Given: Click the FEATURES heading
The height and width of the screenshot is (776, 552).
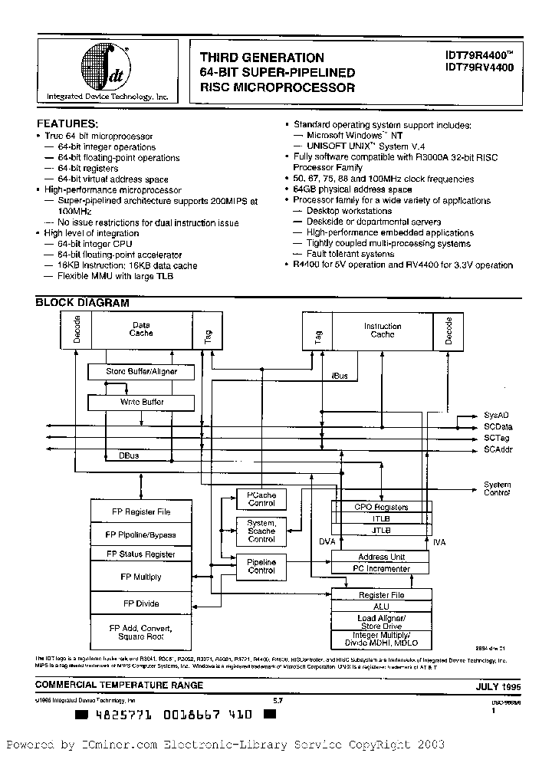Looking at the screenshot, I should click(67, 123).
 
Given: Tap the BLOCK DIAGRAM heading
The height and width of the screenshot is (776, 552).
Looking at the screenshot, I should click(83, 303).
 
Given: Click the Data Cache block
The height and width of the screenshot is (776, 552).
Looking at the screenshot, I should click(141, 329).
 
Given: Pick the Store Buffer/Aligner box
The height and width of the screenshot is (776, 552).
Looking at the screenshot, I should click(142, 372).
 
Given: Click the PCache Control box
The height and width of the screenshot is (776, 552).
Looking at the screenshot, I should click(261, 499).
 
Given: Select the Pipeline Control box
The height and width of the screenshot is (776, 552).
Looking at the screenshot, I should click(261, 566).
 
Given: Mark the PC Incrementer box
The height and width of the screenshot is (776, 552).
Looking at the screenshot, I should click(379, 569).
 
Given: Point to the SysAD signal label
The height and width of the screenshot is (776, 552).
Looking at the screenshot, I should click(496, 414).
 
